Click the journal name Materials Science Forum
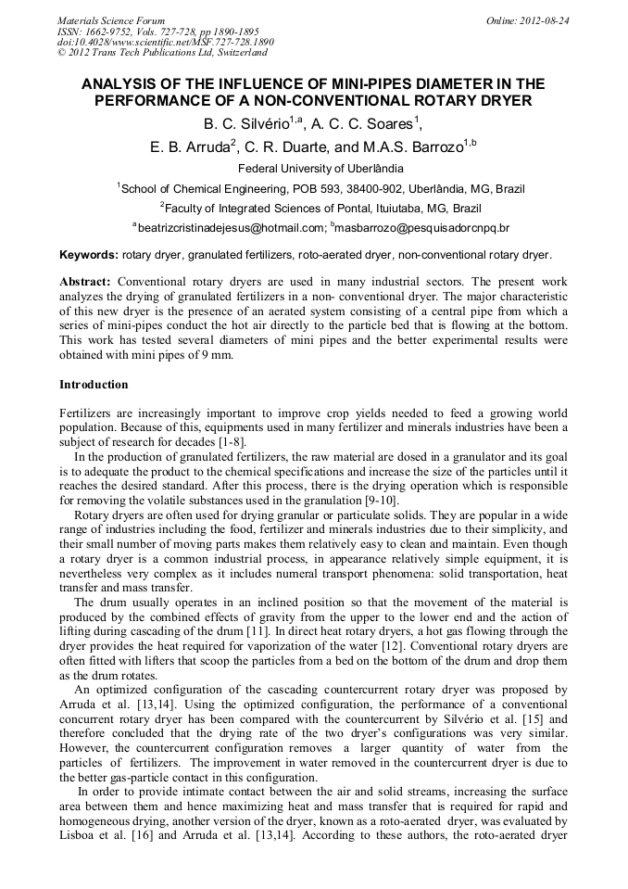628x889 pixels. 111,19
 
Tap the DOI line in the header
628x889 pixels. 165,42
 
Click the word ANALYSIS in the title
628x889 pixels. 121,84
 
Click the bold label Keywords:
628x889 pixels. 89,254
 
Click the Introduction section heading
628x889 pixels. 94,384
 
